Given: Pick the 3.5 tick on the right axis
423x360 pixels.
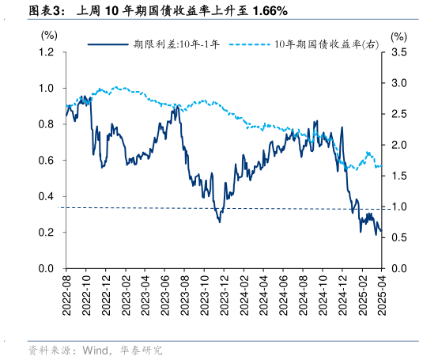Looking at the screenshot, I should [x=398, y=52].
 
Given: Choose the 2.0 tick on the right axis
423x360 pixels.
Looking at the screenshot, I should [x=398, y=145].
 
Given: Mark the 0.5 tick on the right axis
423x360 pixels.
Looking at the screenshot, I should [x=398, y=237].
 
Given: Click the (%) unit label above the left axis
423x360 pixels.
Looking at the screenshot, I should [x=49, y=36].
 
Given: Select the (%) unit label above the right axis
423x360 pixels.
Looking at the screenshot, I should [x=398, y=36].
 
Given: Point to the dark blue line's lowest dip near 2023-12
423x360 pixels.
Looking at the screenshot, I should [x=219, y=222].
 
